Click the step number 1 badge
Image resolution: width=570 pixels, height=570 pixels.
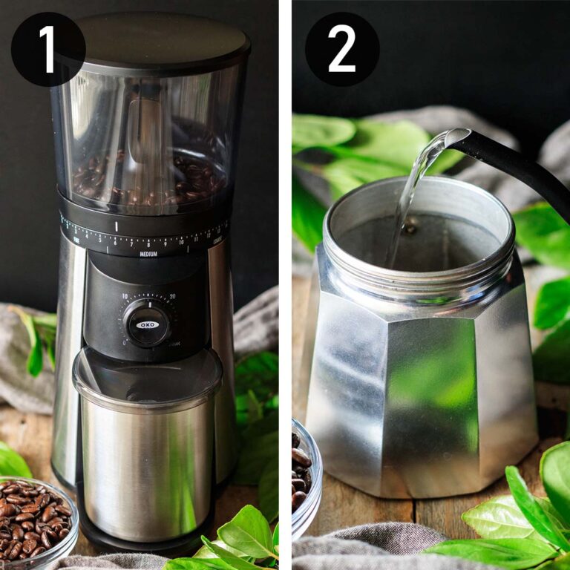pyautogui.click(x=47, y=48)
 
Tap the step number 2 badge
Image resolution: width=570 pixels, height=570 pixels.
pyautogui.click(x=342, y=48)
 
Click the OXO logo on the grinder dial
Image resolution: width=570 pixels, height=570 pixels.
pyautogui.click(x=147, y=324)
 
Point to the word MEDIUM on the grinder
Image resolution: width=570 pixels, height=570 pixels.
pyautogui.click(x=148, y=254)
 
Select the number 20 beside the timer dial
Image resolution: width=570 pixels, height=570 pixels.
pyautogui.click(x=172, y=297)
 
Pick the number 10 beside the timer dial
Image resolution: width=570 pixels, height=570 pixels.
pyautogui.click(x=125, y=296)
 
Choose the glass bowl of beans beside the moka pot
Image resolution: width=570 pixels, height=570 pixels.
pyautogui.click(x=305, y=475)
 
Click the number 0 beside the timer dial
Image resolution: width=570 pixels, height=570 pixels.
pyautogui.click(x=123, y=343)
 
